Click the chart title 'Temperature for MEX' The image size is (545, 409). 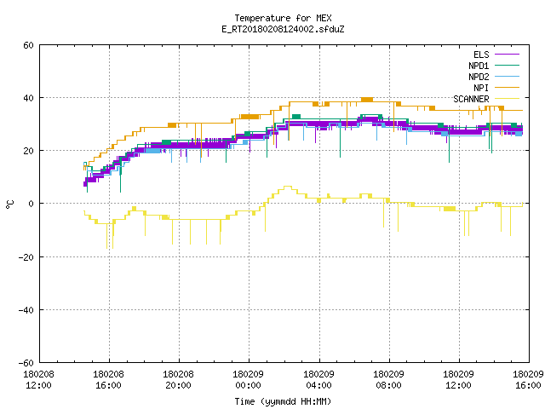tap(283, 18)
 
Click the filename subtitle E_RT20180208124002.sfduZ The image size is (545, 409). tap(283, 29)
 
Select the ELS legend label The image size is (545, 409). tap(481, 55)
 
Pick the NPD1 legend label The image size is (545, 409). tap(479, 66)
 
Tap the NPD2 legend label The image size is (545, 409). tap(479, 77)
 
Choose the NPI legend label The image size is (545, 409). tap(481, 88)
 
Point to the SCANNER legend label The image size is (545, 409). tap(471, 99)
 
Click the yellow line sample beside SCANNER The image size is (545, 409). tap(507, 99)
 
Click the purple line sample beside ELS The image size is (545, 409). tap(507, 55)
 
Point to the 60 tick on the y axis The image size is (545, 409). tap(28, 45)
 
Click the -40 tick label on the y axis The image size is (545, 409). tap(26, 310)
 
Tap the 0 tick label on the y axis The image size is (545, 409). tap(32, 204)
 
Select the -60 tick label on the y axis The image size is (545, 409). tap(26, 363)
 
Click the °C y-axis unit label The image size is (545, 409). tap(9, 204)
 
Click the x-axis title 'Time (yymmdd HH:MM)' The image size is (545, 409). tap(283, 401)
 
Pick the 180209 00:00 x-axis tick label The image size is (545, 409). tap(248, 380)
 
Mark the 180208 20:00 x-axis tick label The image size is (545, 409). tap(178, 380)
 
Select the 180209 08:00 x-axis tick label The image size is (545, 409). tap(388, 380)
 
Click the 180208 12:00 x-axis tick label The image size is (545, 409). tap(38, 380)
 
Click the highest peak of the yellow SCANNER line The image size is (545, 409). tap(288, 187)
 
